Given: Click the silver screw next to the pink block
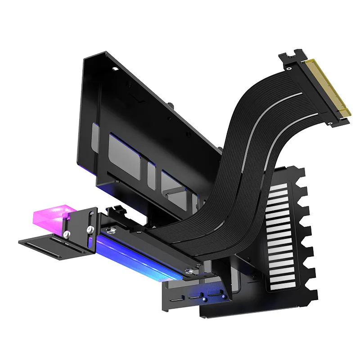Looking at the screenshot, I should [67, 234].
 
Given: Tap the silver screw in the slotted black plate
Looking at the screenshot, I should [90, 230].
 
